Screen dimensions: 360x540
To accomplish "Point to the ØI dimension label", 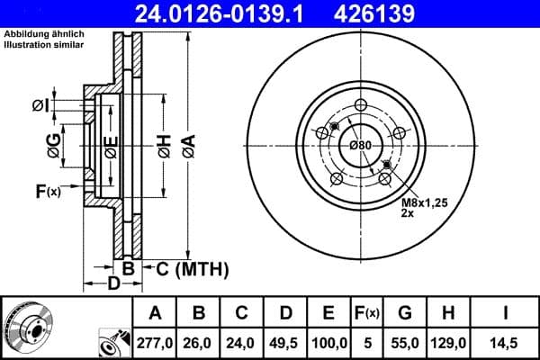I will (x=39, y=106).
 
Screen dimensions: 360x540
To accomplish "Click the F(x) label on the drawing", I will (x=47, y=191).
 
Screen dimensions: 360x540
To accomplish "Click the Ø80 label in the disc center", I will (x=360, y=146).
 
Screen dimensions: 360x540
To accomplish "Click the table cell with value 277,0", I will (x=154, y=342).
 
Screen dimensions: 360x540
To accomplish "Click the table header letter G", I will (x=405, y=313).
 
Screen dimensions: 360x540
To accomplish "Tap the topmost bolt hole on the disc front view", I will (x=361, y=103).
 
